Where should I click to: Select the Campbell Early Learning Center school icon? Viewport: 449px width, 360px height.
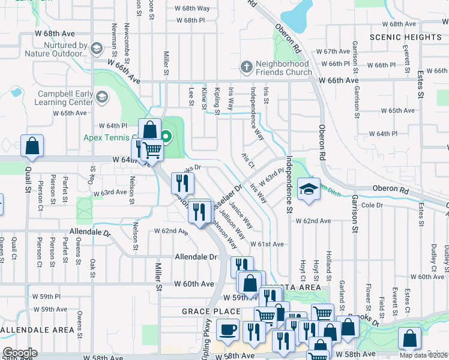coord(102,97)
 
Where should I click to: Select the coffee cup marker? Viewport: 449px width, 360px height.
coord(228,329)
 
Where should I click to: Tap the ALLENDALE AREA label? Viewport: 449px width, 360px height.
coord(38,330)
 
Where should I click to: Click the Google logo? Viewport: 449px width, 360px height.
coord(20,353)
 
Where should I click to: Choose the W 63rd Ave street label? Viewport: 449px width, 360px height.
coord(108,193)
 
